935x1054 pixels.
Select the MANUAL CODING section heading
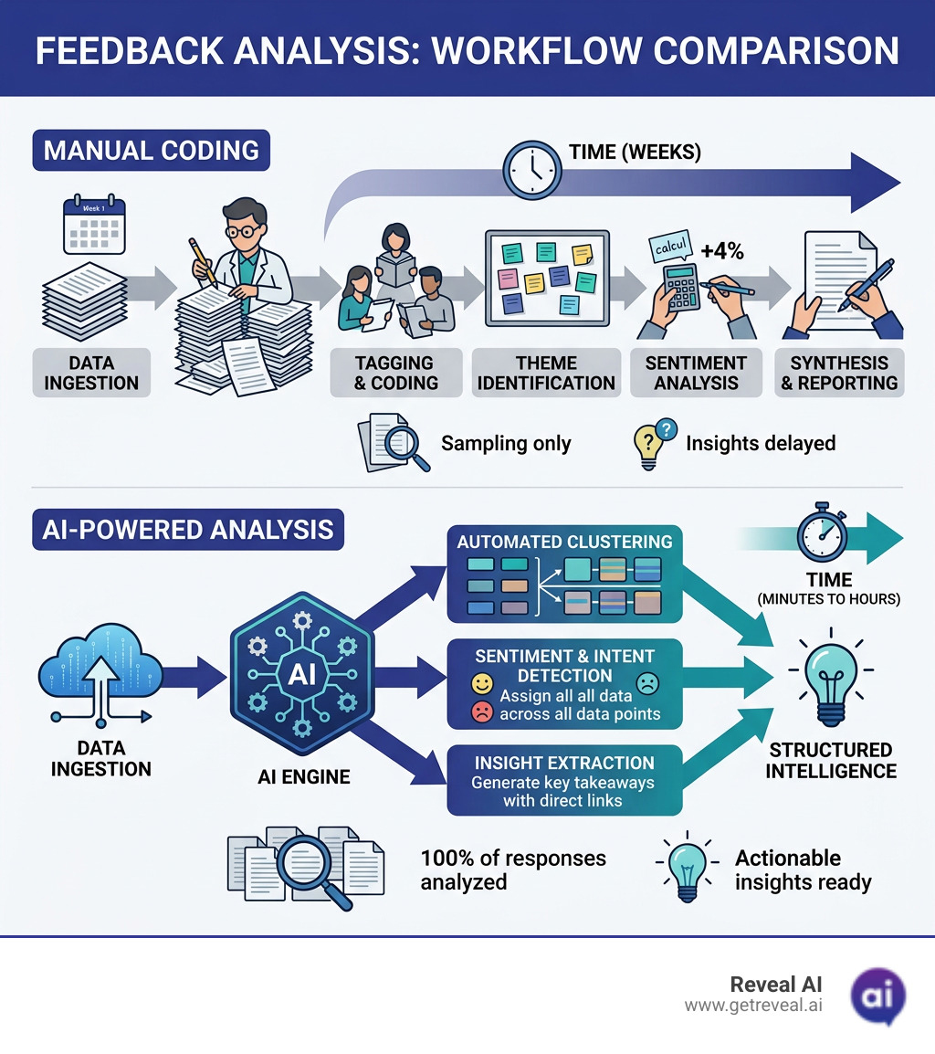coord(152,150)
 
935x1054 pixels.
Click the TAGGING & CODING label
coord(395,373)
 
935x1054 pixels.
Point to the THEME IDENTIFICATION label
coord(546,373)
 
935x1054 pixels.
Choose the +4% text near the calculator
coord(721,252)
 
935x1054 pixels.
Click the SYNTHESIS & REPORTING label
coord(839,373)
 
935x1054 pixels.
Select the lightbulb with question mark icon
coord(652,443)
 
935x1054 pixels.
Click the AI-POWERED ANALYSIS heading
coord(188,530)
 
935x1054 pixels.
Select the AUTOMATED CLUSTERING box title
coord(564,542)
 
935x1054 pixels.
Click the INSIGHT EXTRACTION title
coord(563,763)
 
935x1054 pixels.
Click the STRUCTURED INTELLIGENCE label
coord(830,760)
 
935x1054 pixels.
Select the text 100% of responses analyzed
coord(512,870)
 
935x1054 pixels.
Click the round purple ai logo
coord(877,994)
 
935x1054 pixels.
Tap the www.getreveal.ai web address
coord(752,1005)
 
